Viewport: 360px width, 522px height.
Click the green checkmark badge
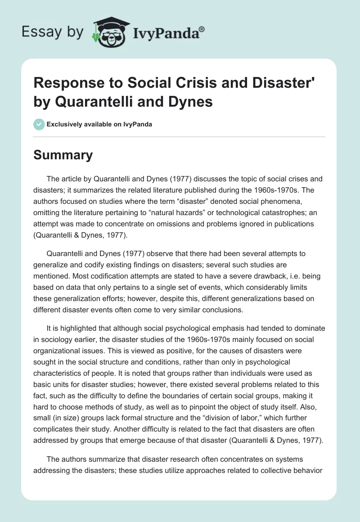pos(39,124)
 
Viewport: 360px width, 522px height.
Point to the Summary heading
pos(63,155)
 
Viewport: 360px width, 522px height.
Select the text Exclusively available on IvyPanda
pos(99,124)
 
